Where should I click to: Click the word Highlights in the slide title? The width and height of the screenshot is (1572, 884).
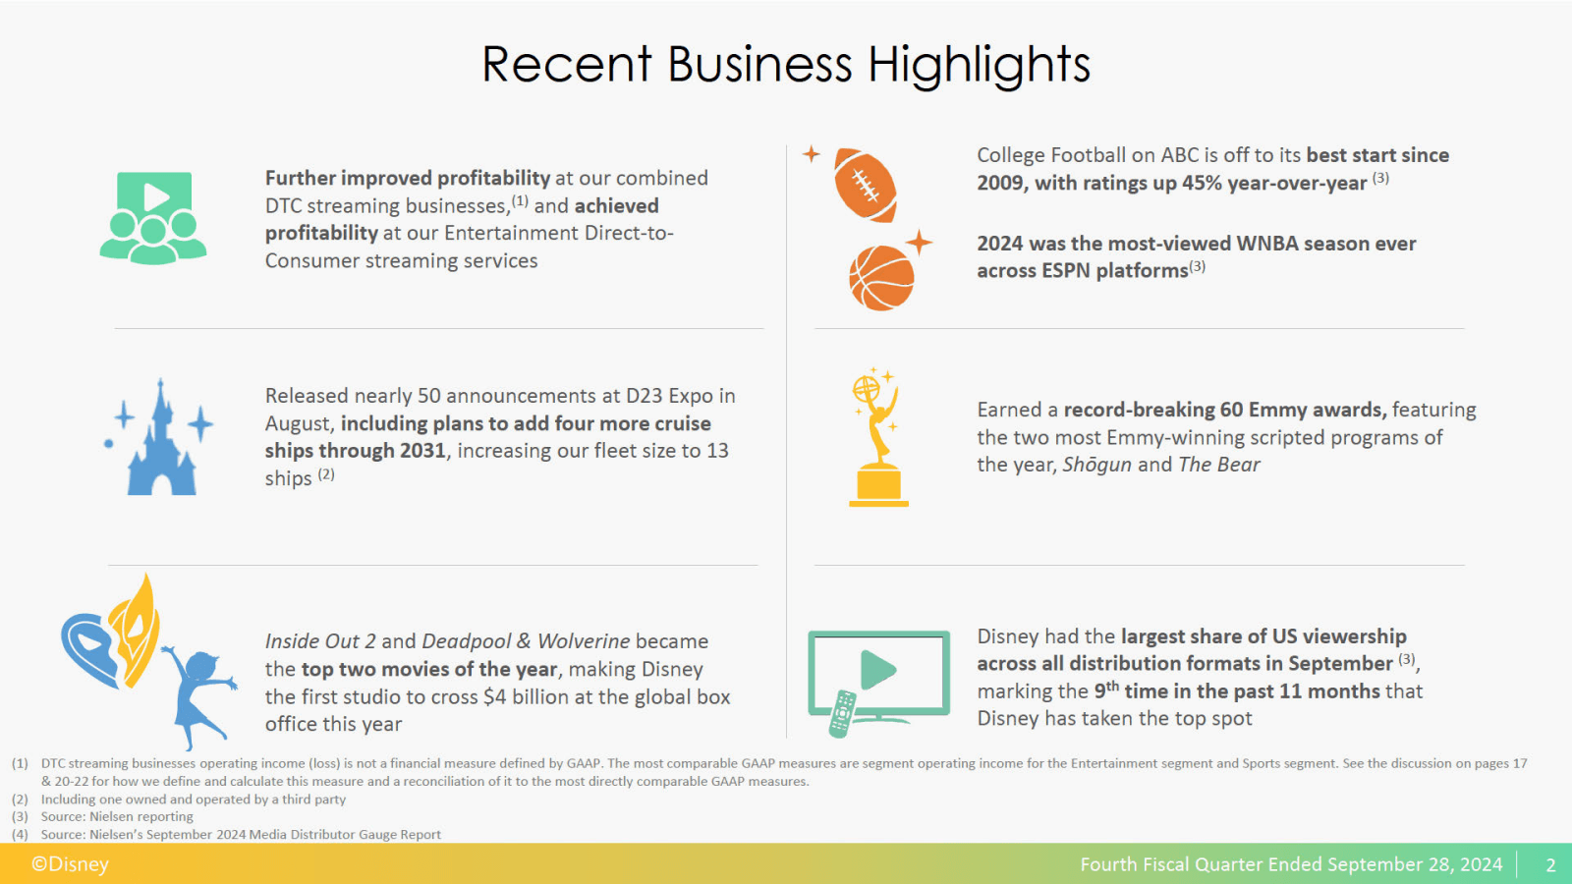pos(979,65)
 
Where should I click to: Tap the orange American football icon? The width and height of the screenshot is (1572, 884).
pos(865,185)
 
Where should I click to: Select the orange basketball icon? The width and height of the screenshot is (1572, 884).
pos(881,278)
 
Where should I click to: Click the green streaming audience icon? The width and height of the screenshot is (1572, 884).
pos(153,218)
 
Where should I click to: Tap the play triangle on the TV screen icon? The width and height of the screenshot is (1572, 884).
pos(877,670)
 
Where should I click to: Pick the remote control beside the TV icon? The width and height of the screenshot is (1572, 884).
pos(842,713)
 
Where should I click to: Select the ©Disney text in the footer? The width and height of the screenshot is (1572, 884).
pos(70,864)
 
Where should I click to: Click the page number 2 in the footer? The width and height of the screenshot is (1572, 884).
pos(1550,865)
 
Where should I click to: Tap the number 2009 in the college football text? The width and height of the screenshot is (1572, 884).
pos(1000,184)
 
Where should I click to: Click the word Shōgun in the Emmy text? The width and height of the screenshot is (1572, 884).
pos(1096,465)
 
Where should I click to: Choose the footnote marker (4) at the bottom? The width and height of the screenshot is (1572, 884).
pos(20,835)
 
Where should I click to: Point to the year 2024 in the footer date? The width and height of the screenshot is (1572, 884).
pos(1481,864)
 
